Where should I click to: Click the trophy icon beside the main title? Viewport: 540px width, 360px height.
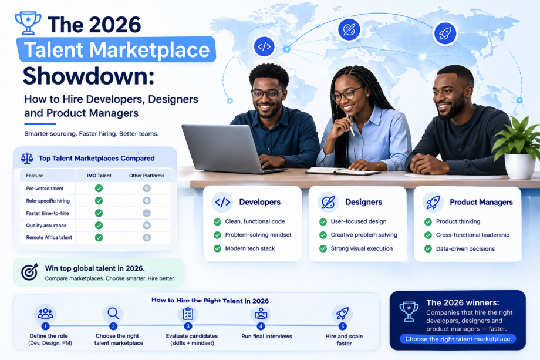(x=28, y=23)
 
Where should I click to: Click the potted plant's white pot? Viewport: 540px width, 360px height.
(x=519, y=166)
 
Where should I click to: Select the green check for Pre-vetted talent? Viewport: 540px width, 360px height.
(x=99, y=188)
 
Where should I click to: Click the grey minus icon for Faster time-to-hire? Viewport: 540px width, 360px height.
(x=147, y=213)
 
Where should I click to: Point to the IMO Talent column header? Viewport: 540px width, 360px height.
(x=99, y=176)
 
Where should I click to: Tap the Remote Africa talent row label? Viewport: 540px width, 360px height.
(x=49, y=237)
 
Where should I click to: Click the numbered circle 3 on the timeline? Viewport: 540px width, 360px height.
(x=188, y=326)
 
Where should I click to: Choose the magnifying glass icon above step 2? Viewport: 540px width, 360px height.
(x=113, y=314)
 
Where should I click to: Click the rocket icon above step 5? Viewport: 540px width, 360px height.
(x=342, y=314)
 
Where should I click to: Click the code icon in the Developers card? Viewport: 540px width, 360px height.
(x=222, y=202)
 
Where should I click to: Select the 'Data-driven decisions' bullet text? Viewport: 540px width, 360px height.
(x=465, y=249)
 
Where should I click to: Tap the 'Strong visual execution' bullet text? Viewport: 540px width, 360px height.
(x=362, y=248)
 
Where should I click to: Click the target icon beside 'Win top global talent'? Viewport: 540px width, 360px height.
(x=29, y=272)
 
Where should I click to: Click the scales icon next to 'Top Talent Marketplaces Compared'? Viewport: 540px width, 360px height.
(x=27, y=158)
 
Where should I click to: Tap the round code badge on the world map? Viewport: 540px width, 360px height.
(x=264, y=46)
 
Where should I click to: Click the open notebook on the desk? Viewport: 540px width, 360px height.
(x=343, y=171)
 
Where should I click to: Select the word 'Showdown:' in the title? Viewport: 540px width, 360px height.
(x=89, y=76)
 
